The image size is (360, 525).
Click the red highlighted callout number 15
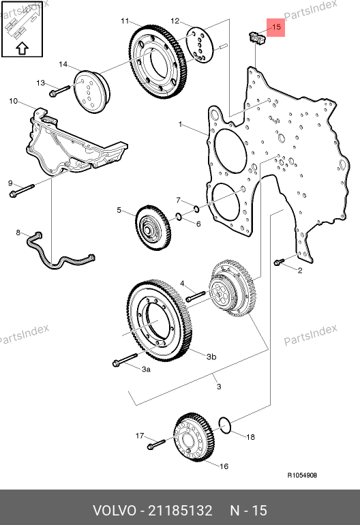pos(277,27)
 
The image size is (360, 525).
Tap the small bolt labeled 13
pos(59,91)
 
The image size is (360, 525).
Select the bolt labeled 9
pos(22,190)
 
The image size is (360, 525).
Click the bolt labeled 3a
pos(125,359)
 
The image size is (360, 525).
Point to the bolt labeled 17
pos(156,444)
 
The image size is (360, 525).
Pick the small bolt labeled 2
pos(279,262)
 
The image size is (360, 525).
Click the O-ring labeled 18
pos(225,425)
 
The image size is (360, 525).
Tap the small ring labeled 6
pos(179,217)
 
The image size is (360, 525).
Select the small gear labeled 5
pos(153,227)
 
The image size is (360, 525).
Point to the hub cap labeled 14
pos(91,91)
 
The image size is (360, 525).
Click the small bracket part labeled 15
pos(256,37)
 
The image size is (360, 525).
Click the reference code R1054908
pos(302,475)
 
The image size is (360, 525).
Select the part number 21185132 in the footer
pos(180,511)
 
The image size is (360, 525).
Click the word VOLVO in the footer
pos(114,511)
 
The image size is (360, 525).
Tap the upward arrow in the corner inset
pos(22,48)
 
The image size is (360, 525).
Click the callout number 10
pos(14,101)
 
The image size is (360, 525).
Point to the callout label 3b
pos(211,357)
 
